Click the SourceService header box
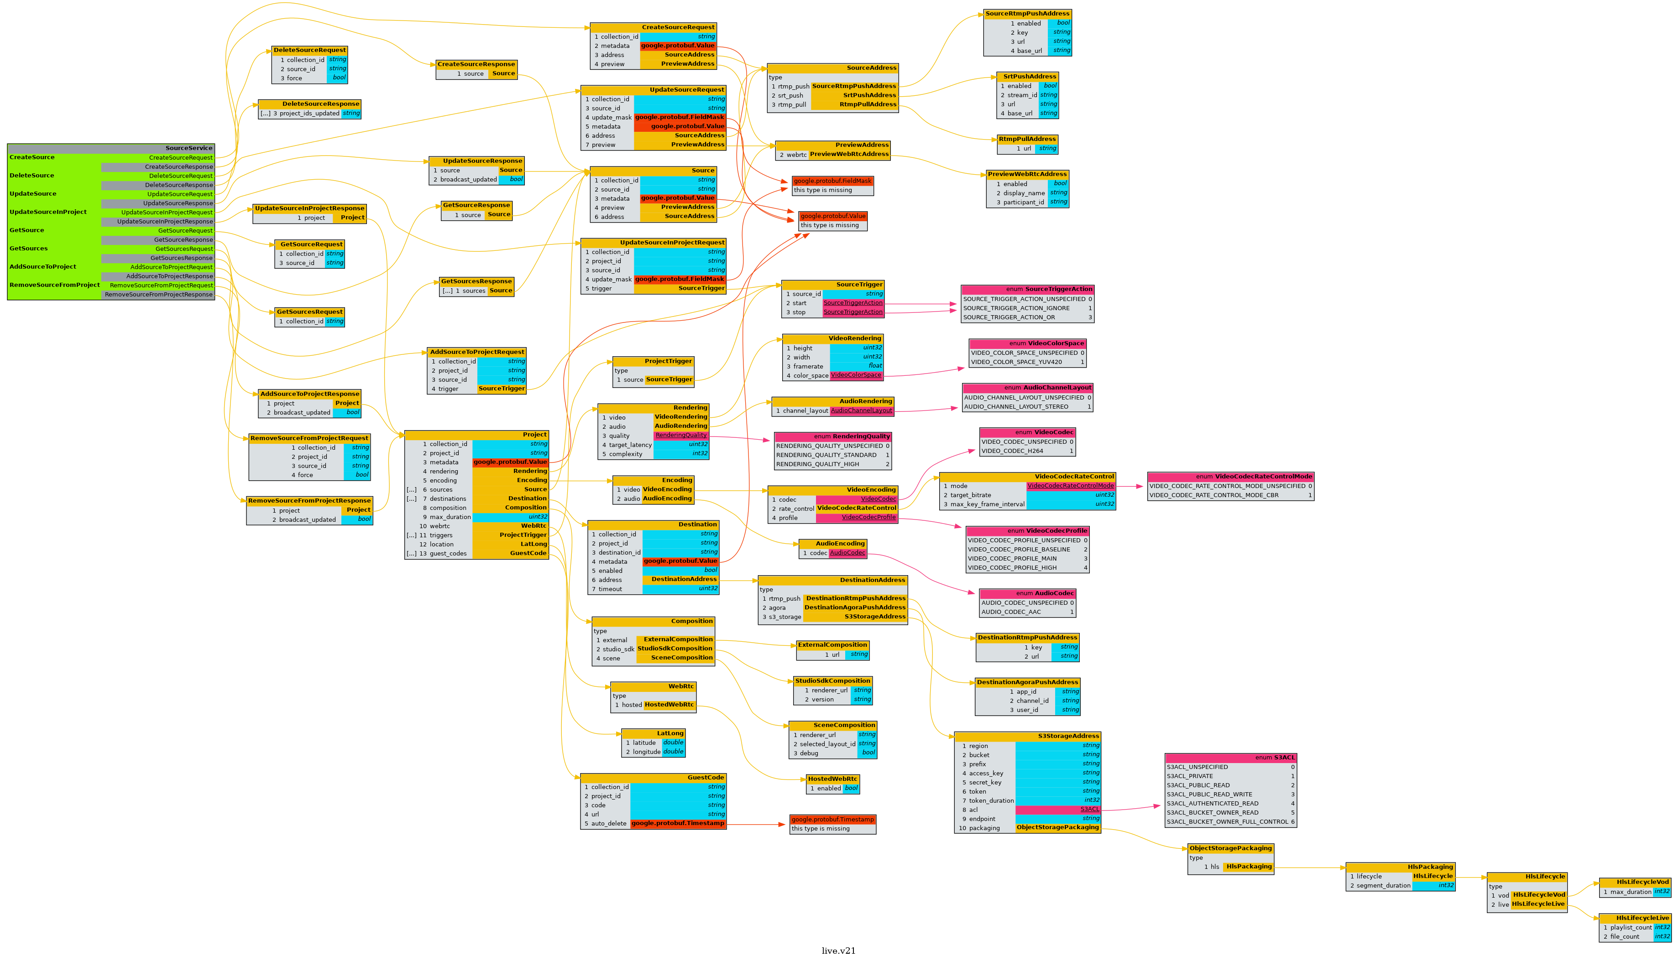[x=111, y=148]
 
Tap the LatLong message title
[x=653, y=733]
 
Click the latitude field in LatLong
[x=644, y=743]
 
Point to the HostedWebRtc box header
[x=832, y=779]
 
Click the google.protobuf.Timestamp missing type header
[x=832, y=819]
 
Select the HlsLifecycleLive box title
[x=1635, y=918]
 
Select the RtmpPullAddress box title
[x=1027, y=139]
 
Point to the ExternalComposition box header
[x=832, y=645]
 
